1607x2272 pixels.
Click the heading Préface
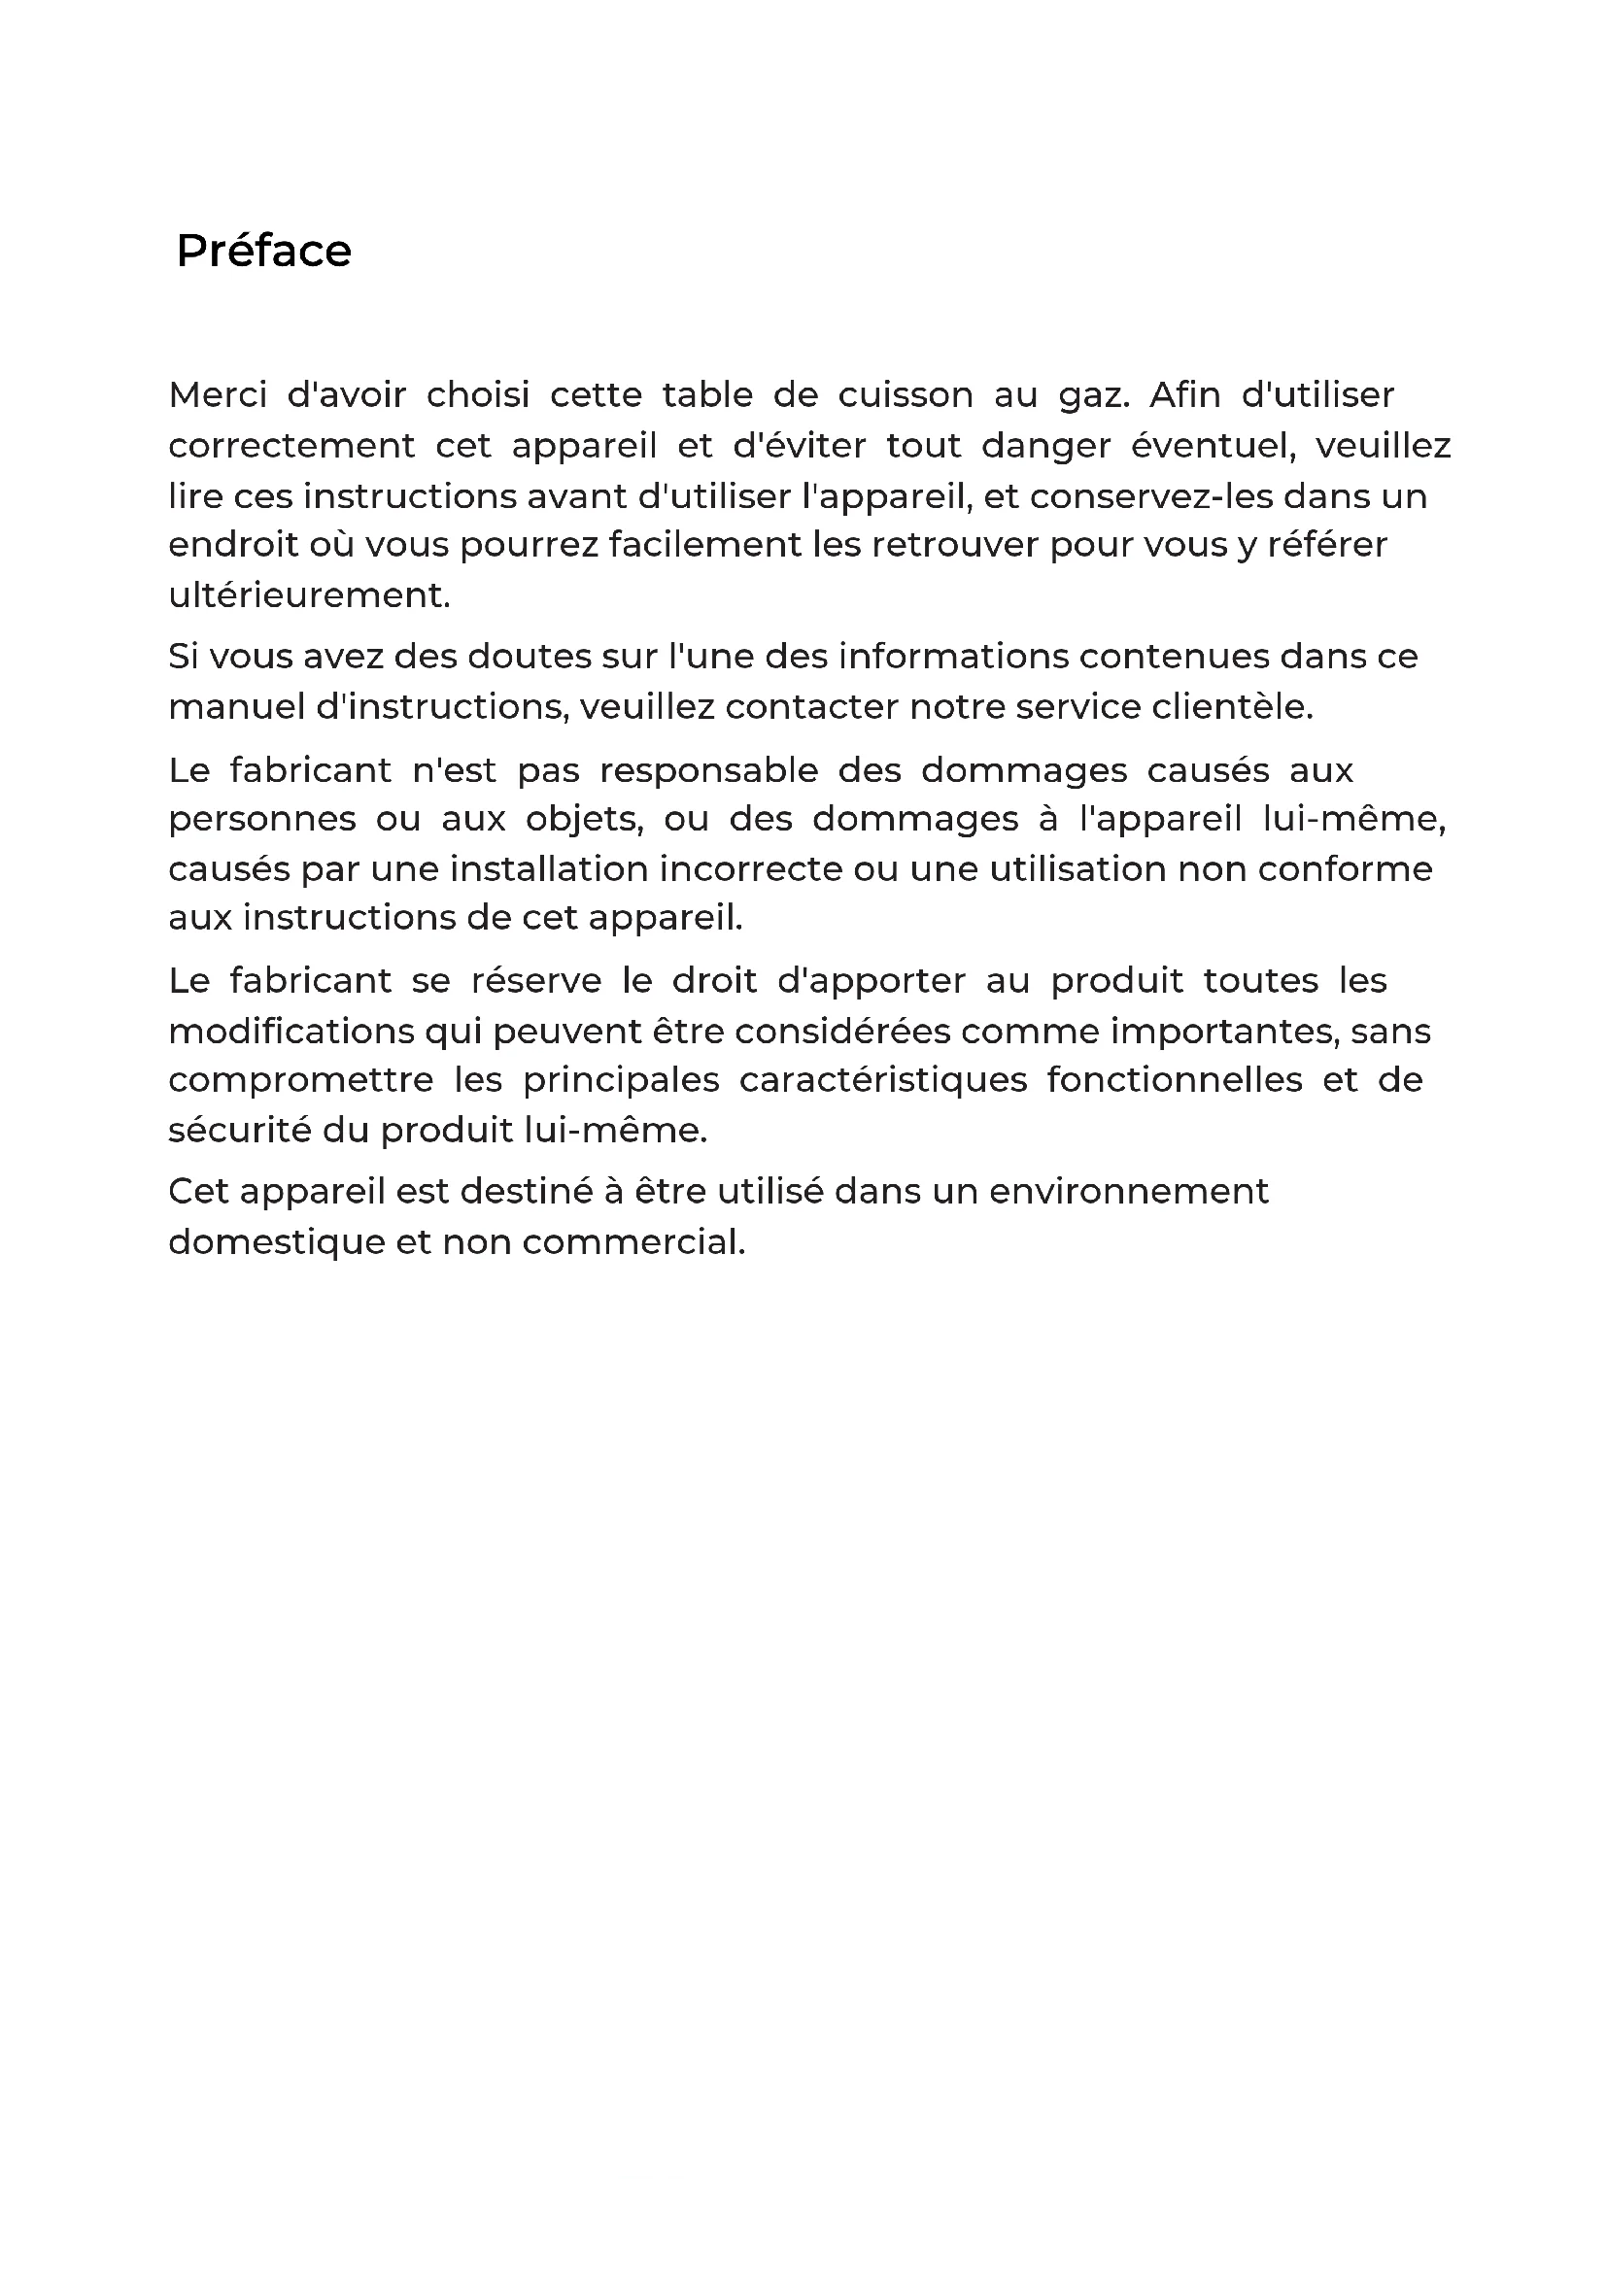(263, 252)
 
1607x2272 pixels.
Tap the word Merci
(218, 394)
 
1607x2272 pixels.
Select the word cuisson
(906, 394)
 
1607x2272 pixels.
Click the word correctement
(291, 446)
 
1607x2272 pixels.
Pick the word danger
(1046, 447)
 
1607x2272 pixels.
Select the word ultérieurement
(309, 595)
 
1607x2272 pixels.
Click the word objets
(584, 821)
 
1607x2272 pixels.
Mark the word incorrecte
(750, 868)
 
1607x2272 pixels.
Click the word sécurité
(239, 1130)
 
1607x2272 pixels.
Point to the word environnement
(1128, 1192)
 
